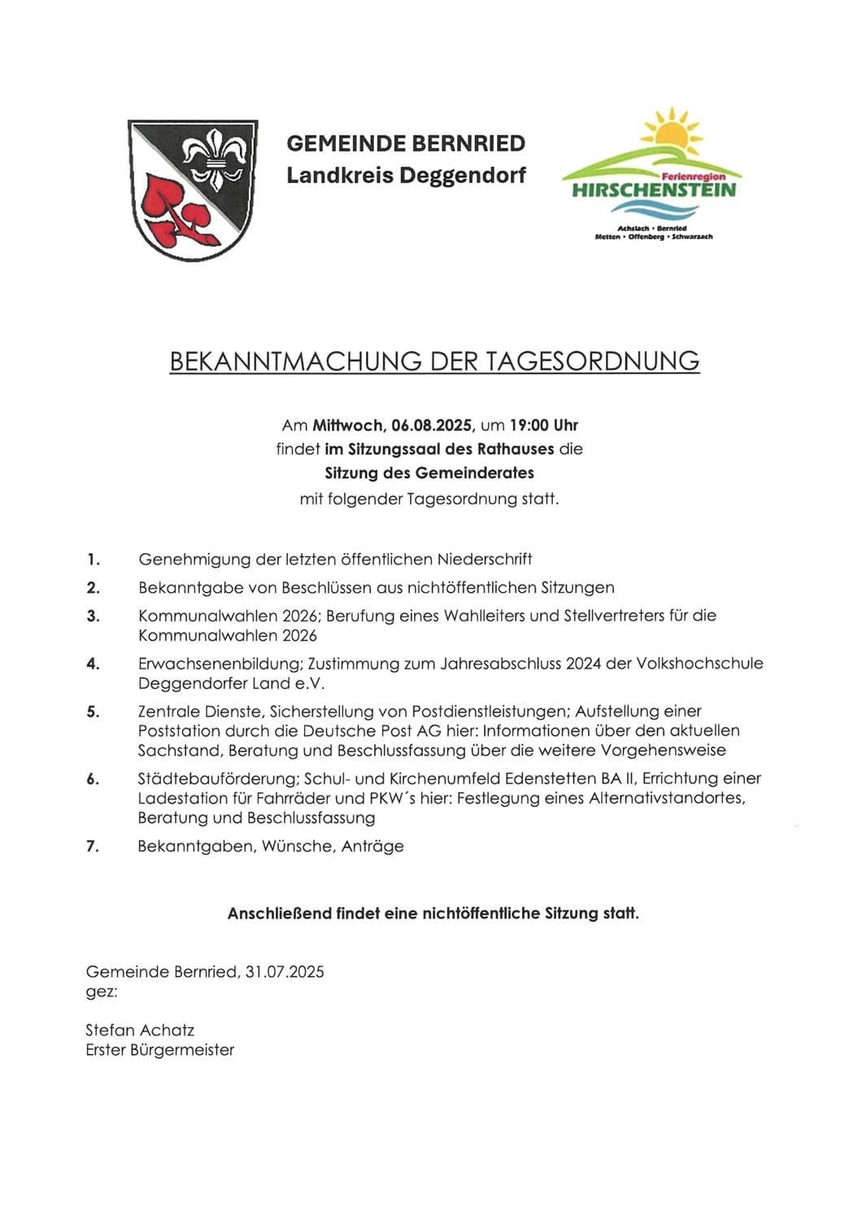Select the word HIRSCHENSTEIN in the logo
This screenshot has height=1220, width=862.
pyautogui.click(x=653, y=190)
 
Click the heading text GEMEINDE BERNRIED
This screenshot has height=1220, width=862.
pyautogui.click(x=406, y=144)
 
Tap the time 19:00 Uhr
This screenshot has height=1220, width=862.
pyautogui.click(x=544, y=425)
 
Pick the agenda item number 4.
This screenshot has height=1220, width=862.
pyautogui.click(x=94, y=664)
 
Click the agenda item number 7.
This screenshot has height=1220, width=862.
pyautogui.click(x=93, y=847)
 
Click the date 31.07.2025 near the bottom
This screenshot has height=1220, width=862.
pyautogui.click(x=285, y=972)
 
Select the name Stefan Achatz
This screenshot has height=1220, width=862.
pyautogui.click(x=140, y=1030)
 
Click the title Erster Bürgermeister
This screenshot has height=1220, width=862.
pyautogui.click(x=159, y=1050)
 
